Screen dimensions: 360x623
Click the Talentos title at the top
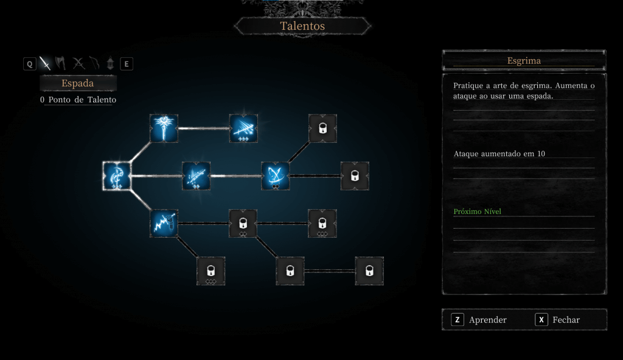tap(302, 26)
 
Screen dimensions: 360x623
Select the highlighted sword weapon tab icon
tap(45, 63)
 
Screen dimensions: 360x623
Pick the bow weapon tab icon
tap(94, 63)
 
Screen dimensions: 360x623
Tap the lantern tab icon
tap(111, 63)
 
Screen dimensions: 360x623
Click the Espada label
tap(77, 83)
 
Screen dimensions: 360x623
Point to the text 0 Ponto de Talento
tap(78, 100)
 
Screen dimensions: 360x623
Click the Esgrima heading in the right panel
tap(524, 60)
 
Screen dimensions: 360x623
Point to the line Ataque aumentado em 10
tap(499, 154)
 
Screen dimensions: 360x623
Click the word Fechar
tap(566, 320)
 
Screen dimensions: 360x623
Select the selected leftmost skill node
tap(117, 176)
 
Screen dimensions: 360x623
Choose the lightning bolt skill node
tap(164, 223)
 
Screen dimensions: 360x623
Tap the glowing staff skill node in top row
tap(164, 128)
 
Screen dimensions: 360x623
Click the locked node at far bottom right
tap(369, 271)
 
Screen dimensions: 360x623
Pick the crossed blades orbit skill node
tap(275, 176)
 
